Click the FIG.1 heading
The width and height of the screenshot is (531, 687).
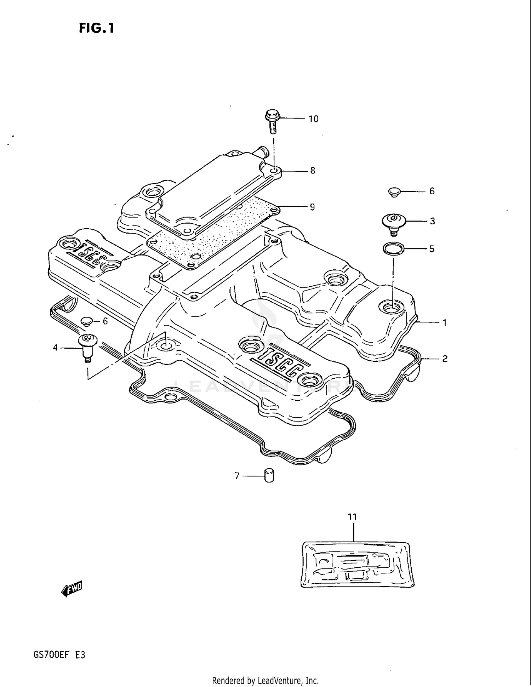(x=97, y=28)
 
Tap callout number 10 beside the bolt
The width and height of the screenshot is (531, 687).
(x=313, y=119)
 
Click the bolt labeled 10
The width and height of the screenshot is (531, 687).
(x=272, y=121)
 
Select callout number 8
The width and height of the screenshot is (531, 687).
(x=313, y=171)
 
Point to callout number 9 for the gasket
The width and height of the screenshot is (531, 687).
(x=312, y=207)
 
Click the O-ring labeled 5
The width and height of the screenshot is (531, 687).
(x=393, y=248)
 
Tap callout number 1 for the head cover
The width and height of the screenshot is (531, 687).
(x=444, y=323)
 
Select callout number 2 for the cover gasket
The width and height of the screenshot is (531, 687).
(x=445, y=359)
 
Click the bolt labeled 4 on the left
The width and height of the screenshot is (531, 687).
(x=86, y=347)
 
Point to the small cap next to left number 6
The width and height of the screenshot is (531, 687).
(x=86, y=321)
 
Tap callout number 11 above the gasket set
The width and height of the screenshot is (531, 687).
(x=352, y=517)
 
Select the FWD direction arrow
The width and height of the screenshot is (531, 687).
(x=72, y=589)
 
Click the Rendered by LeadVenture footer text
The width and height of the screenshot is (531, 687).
(x=265, y=680)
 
